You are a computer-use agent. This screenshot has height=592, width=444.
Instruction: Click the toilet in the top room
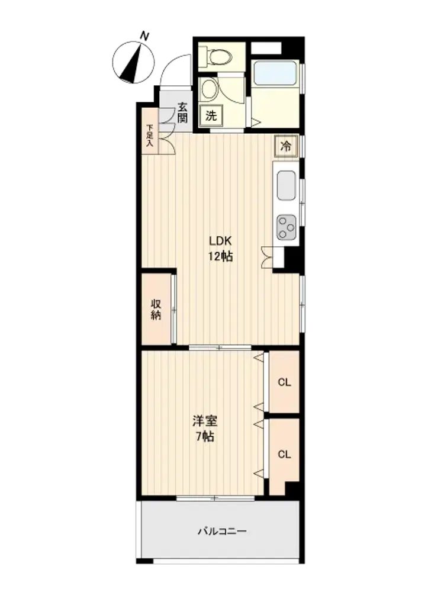point(216,57)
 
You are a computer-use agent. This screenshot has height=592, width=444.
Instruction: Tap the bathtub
point(275,73)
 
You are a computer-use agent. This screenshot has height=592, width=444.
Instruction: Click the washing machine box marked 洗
point(211,115)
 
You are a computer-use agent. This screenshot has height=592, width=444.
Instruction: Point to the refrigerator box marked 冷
point(286,146)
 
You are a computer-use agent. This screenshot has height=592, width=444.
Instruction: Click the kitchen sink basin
point(286,185)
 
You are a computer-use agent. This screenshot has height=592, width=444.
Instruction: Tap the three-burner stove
point(286,227)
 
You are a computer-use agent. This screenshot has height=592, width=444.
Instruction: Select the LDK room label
point(220,241)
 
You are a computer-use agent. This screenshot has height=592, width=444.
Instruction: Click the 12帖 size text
point(220,257)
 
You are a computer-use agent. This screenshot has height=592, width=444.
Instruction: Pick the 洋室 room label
point(205,420)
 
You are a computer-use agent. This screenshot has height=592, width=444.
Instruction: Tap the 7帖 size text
point(205,437)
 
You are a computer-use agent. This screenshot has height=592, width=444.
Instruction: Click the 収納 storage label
point(156,310)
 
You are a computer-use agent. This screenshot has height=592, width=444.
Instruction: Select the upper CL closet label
point(284,382)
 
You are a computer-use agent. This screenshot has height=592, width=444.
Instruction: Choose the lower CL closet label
point(284,454)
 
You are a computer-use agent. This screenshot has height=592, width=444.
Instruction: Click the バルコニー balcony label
point(223,532)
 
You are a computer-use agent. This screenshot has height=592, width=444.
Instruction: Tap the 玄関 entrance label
point(182,112)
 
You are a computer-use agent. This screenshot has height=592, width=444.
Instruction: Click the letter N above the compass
point(144,36)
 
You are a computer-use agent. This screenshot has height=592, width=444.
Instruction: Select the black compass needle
point(133,63)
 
